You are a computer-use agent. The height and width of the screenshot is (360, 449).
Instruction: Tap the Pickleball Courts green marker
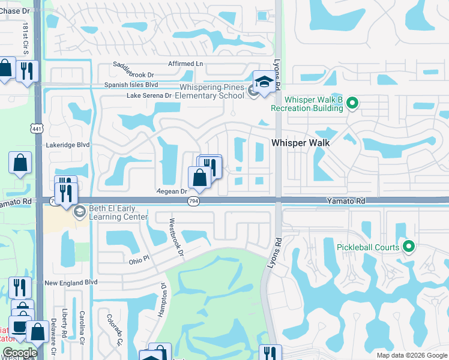[x=409, y=246]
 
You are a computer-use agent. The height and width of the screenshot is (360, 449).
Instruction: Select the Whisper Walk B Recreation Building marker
[x=352, y=104]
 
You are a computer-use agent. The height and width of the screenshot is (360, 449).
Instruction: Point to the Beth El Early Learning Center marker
[x=79, y=212]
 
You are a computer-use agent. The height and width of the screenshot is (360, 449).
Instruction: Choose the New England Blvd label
[x=71, y=282]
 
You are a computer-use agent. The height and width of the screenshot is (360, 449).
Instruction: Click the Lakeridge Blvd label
[x=68, y=145]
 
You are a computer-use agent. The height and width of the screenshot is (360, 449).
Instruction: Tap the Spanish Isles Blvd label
[x=131, y=85]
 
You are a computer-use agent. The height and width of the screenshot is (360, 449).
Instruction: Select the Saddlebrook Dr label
[x=134, y=75]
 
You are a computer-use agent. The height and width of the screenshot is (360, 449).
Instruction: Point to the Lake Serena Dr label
[x=153, y=95]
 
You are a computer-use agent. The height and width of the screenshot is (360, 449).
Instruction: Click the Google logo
[x=20, y=353]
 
